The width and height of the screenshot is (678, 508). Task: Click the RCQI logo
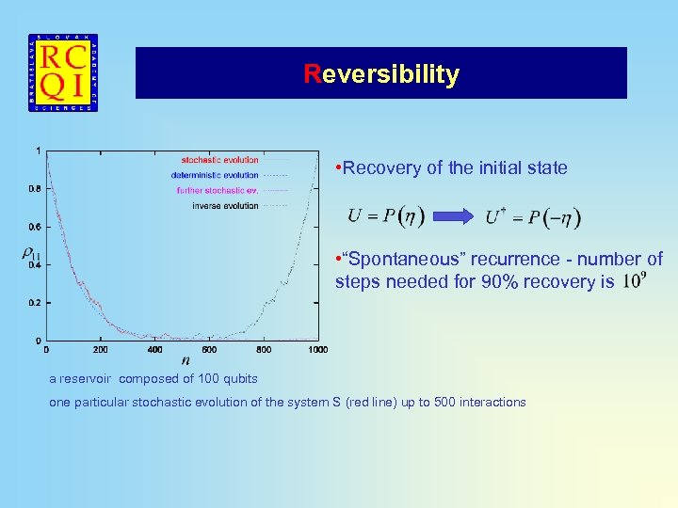click(x=63, y=72)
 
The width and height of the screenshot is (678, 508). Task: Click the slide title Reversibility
click(x=381, y=74)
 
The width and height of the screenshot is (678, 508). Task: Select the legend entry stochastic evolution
click(x=219, y=160)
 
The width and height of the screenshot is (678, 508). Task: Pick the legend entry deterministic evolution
click(x=215, y=175)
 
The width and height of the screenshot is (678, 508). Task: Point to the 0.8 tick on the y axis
click(x=34, y=188)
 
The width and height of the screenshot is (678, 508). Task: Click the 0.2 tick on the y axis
click(x=34, y=303)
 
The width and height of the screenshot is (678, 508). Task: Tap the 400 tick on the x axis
click(x=154, y=350)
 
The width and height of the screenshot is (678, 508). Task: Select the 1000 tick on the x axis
click(x=317, y=350)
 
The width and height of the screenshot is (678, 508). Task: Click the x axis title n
click(x=185, y=360)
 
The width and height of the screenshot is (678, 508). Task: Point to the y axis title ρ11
click(x=30, y=252)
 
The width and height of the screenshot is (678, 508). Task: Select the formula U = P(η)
click(x=386, y=216)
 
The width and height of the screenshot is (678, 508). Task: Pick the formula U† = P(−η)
click(x=533, y=217)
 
